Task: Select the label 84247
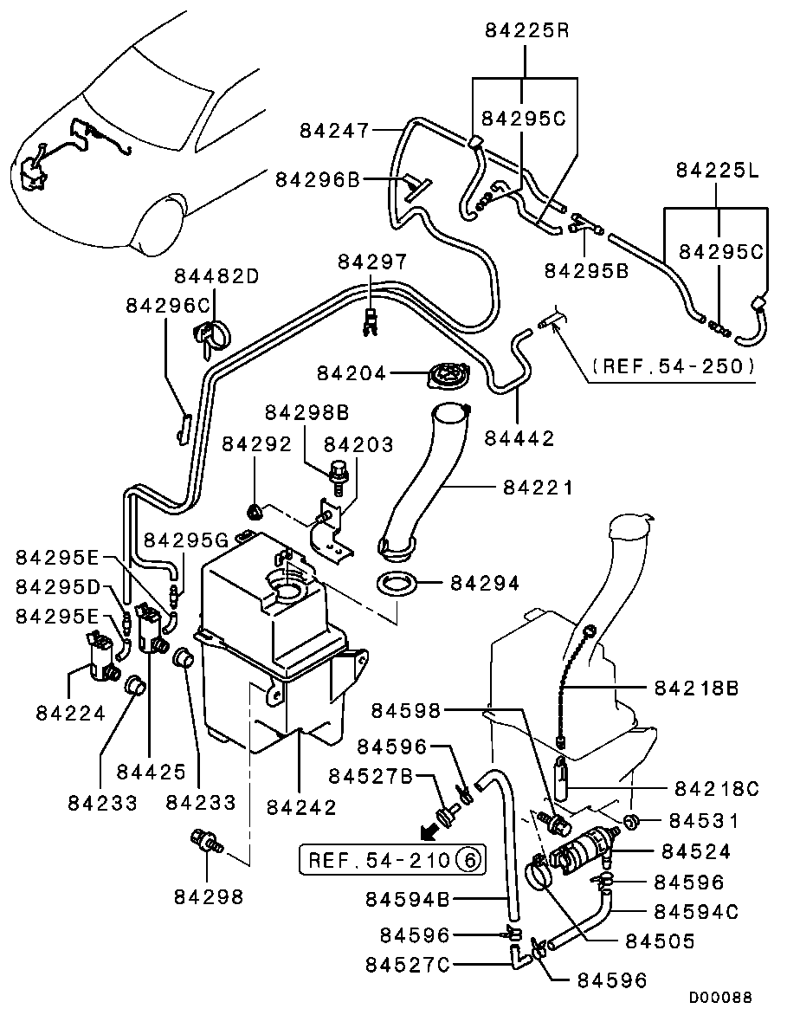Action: pos(334,131)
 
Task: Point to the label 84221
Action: pos(538,488)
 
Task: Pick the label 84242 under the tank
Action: pos(300,806)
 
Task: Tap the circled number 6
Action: pos(466,860)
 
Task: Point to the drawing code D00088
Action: pos(720,998)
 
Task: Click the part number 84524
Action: pos(694,852)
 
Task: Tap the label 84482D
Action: pos(216,276)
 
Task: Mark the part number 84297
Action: pos(371,261)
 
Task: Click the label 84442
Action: pos(519,439)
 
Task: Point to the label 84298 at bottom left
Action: pos(209,896)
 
